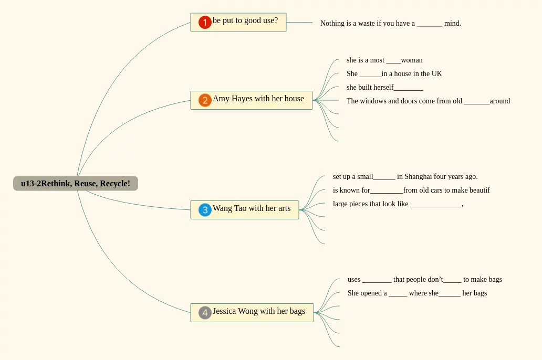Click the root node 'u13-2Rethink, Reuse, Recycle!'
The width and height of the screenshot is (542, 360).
[x=76, y=184]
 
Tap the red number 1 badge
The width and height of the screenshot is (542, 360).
[x=205, y=23]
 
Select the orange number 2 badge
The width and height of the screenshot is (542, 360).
[x=205, y=100]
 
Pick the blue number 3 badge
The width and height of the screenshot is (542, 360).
[x=205, y=210]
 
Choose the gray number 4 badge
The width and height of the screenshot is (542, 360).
[x=205, y=313]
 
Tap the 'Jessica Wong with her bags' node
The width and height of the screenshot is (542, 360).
[x=259, y=312]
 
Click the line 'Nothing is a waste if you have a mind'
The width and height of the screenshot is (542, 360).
[x=390, y=24]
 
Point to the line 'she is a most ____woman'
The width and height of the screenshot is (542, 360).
[x=384, y=60]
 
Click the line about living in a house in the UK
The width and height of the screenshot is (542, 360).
[x=394, y=74]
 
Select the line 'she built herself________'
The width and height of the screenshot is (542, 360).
[x=384, y=88]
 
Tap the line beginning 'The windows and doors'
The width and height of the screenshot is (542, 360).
[x=428, y=101]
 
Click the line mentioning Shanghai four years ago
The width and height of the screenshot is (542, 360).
[x=405, y=177]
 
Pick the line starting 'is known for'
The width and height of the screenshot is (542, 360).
[x=411, y=190]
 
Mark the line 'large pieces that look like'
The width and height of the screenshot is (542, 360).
[x=398, y=204]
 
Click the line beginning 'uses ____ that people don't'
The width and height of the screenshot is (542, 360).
[x=424, y=280]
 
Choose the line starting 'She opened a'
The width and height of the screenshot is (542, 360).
[x=417, y=293]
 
